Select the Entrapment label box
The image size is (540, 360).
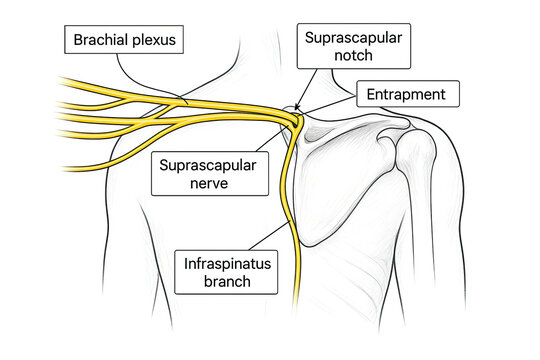(x=408, y=95)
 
